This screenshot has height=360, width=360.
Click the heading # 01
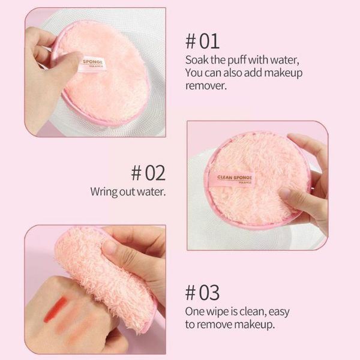pyautogui.click(x=202, y=41)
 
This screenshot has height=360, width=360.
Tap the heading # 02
pyautogui.click(x=148, y=173)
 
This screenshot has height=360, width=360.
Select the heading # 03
pyautogui.click(x=202, y=293)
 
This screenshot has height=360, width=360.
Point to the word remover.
pyautogui.click(x=206, y=86)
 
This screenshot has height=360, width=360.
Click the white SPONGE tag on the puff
pyautogui.click(x=93, y=64)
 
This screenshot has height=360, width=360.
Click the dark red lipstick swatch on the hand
pyautogui.click(x=55, y=309)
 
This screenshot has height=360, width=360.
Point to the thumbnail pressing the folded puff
pyautogui.click(x=109, y=247)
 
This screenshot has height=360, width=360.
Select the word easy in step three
pyautogui.click(x=279, y=312)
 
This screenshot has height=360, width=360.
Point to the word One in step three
pyautogui.click(x=194, y=312)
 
